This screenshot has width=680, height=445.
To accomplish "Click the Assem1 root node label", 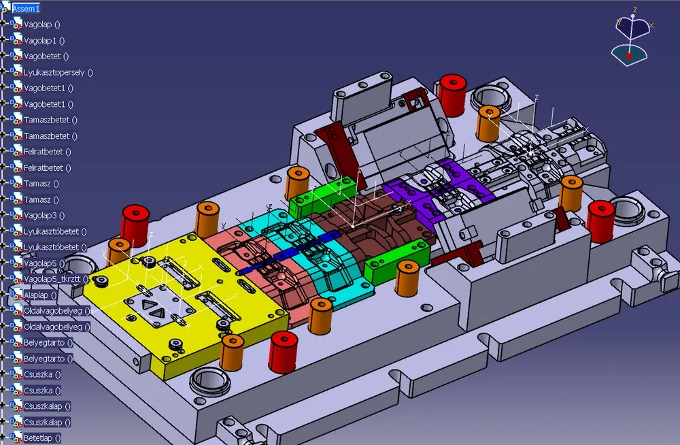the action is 26,8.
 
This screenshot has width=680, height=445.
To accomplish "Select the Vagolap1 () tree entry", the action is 44,40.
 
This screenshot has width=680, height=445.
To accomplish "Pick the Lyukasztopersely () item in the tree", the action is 58,72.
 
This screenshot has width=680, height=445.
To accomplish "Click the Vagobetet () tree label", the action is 46,56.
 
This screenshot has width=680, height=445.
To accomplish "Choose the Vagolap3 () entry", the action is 44,215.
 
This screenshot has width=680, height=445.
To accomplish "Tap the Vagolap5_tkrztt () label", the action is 56,279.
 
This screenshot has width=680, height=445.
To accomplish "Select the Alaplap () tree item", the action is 40,295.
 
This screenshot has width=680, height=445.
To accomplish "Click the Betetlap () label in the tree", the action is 42,438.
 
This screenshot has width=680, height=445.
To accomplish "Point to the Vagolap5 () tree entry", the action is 44,263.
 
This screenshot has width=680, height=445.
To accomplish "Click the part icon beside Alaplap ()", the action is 16,295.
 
